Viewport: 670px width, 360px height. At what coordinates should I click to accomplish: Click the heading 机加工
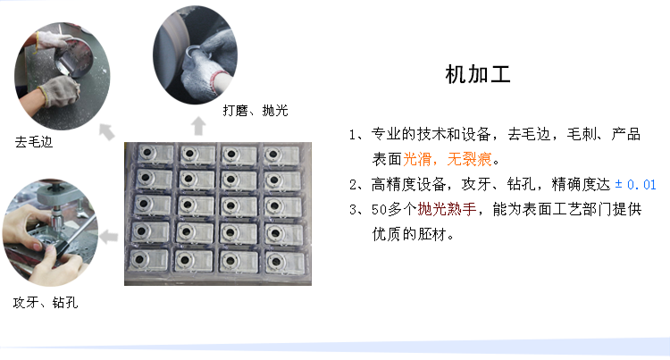[478, 75]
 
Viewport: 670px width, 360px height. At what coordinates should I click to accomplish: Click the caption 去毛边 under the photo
[34, 142]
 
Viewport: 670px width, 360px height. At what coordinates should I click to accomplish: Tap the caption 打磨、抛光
[255, 111]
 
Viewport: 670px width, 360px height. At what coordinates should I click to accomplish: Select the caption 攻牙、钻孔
[46, 303]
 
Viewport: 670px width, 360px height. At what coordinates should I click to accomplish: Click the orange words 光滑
[417, 159]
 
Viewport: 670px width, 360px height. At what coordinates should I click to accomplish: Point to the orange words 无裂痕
[469, 159]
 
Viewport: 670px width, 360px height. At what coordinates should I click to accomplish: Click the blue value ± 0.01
[635, 185]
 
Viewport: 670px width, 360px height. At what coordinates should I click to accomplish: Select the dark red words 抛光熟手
[447, 209]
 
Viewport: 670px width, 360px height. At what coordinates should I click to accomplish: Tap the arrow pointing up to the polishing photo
[198, 126]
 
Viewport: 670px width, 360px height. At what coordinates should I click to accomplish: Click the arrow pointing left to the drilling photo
[109, 236]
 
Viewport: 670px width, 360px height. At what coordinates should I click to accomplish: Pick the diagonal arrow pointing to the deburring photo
[107, 131]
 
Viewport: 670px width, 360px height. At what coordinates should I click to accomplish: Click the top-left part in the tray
[155, 155]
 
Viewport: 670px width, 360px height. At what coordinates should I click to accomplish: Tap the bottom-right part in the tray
[285, 263]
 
